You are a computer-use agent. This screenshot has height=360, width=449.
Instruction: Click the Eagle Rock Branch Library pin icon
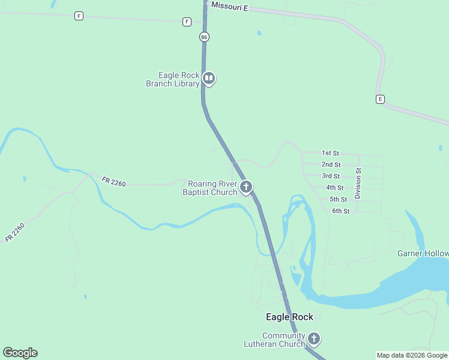tap(209, 78)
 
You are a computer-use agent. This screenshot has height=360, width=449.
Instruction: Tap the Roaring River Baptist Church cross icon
tap(246, 187)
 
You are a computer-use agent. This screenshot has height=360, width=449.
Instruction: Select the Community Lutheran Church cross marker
tap(314, 339)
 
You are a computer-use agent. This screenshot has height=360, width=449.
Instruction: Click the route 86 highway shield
tap(205, 37)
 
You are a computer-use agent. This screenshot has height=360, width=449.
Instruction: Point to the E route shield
tap(380, 99)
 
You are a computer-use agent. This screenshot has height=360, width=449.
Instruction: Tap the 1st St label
tap(331, 153)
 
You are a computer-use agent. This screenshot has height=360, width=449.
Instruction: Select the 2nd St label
tap(331, 164)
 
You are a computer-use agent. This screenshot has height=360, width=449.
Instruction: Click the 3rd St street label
tap(331, 176)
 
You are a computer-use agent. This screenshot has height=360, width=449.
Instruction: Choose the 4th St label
tap(334, 188)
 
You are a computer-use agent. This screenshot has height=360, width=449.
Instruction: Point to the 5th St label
tap(338, 199)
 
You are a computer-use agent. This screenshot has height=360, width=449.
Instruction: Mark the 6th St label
tap(340, 211)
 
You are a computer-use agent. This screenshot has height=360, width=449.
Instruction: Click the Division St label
tap(358, 184)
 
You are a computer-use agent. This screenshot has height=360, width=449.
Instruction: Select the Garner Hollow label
tap(423, 253)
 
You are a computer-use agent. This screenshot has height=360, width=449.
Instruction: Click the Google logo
tap(20, 353)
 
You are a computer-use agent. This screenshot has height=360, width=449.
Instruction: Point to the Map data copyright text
tap(412, 355)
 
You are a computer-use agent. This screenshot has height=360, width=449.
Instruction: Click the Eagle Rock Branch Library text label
tap(173, 79)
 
